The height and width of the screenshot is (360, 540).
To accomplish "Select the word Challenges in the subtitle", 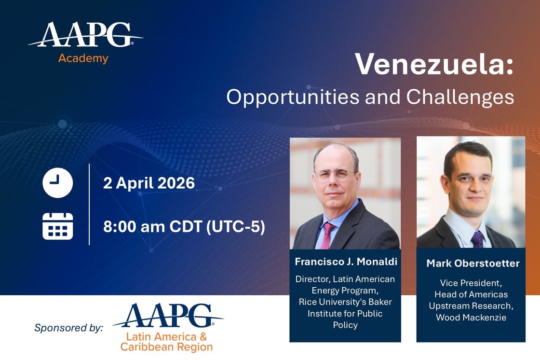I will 460,97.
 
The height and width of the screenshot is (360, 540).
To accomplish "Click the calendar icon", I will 58,226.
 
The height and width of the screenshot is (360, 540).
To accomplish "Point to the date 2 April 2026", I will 149,183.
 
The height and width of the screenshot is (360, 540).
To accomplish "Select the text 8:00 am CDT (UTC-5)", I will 184,226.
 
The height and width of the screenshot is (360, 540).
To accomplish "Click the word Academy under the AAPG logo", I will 83,59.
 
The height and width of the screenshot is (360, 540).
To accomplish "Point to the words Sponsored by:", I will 68,328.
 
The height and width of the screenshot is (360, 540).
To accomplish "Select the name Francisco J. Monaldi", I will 345,262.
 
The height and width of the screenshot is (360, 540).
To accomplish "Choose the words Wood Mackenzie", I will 471,318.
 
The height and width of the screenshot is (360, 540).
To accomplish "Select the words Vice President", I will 471,283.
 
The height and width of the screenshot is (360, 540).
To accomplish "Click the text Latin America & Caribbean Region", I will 166,342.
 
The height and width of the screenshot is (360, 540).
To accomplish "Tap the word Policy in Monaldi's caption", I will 345,325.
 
